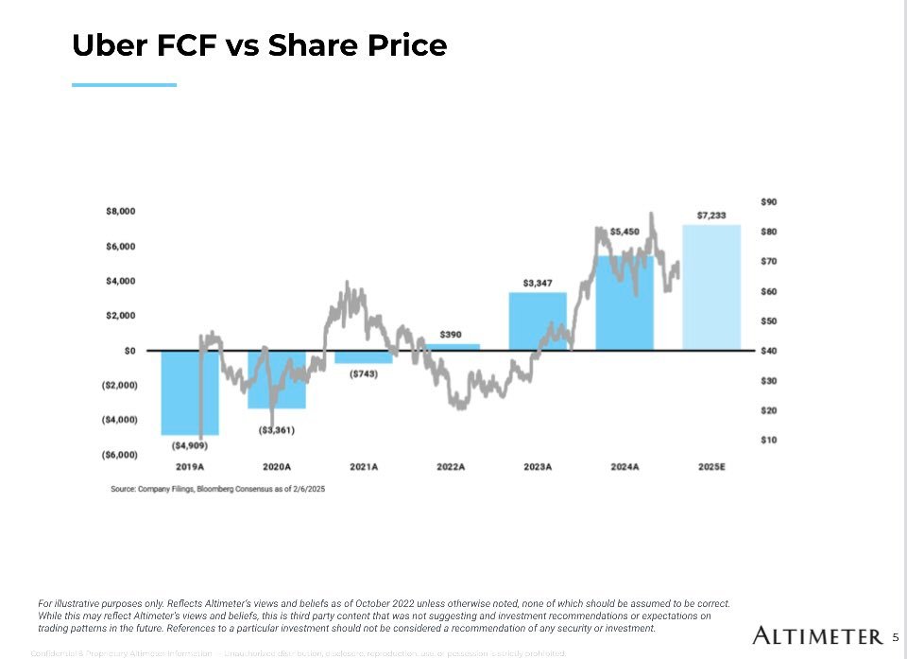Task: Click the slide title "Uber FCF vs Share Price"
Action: click(259, 45)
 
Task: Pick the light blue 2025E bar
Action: click(711, 287)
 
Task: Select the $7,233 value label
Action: click(711, 216)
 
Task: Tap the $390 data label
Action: click(451, 335)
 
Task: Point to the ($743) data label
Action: click(364, 373)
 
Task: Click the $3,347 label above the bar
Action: click(538, 283)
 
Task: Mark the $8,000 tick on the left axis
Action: click(120, 212)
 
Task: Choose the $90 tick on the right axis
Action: click(768, 201)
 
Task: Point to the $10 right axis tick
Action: click(768, 440)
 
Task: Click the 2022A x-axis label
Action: click(451, 467)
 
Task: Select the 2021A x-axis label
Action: click(364, 467)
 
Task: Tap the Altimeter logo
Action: click(817, 635)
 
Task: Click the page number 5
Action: click(896, 636)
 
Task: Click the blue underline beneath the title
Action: click(124, 85)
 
